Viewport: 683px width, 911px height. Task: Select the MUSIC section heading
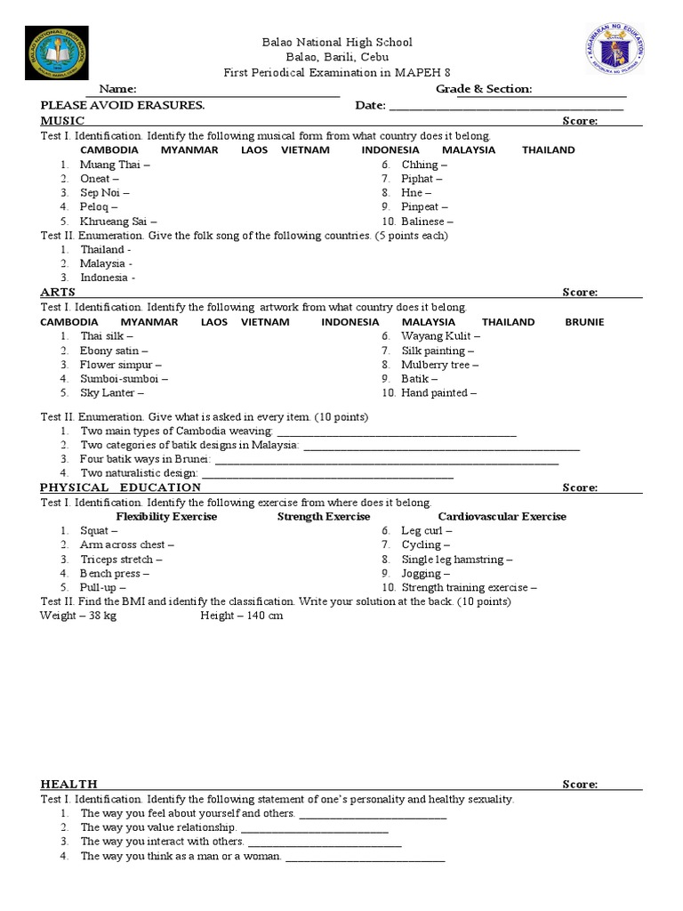[62, 120]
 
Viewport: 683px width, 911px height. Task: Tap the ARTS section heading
[58, 292]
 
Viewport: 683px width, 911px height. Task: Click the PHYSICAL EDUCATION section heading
[120, 488]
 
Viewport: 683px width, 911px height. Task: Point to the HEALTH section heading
[68, 784]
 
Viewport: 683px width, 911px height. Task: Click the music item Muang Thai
[115, 165]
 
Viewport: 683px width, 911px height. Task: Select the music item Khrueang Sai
[118, 222]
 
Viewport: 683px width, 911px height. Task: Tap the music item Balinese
[427, 222]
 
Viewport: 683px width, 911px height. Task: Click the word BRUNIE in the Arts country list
[584, 322]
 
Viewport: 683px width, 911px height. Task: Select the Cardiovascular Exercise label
[502, 516]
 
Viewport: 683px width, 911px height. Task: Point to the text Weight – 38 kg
[78, 616]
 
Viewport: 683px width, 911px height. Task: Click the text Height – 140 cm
[242, 616]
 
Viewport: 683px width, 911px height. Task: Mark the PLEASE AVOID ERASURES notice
[123, 105]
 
